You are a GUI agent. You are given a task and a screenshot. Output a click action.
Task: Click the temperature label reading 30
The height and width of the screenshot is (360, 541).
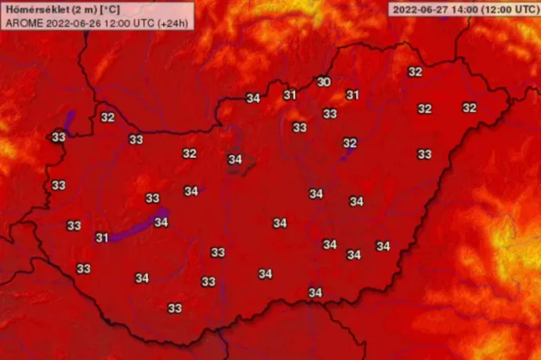tap(323, 82)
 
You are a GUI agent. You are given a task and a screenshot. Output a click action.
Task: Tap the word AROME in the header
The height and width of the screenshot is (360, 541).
tap(22, 22)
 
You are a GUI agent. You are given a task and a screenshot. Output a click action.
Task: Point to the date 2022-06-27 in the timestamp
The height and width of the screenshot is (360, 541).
tap(418, 10)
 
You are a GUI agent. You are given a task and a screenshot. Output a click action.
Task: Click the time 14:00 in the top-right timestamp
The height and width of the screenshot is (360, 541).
tap(459, 10)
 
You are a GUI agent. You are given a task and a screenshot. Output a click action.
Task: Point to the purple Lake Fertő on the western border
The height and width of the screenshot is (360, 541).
tap(69, 122)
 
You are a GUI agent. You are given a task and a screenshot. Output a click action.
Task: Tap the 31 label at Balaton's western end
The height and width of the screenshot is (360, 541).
tap(102, 238)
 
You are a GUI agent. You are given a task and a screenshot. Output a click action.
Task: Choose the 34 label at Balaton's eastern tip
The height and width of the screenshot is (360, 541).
tap(161, 223)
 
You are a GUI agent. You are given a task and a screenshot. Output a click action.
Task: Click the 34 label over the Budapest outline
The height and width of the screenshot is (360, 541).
tap(234, 159)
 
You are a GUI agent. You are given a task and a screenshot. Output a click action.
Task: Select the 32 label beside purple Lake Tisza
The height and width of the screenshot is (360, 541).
tap(350, 143)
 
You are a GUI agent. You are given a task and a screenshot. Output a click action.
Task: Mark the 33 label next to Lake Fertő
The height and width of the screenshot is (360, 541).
tap(58, 137)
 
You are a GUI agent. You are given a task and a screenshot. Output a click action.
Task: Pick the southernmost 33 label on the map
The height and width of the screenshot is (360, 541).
tap(175, 308)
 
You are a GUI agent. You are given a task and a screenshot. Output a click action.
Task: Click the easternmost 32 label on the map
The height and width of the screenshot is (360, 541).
tap(469, 108)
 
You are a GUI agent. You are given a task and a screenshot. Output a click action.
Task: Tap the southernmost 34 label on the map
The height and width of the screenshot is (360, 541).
tap(315, 293)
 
